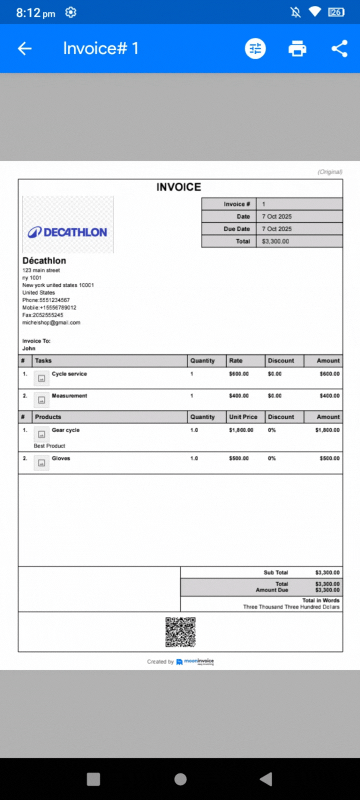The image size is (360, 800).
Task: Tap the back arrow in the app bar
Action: [24, 48]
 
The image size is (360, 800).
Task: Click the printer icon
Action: [297, 48]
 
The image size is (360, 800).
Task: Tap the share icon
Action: [339, 48]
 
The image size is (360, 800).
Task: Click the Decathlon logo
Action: [68, 232]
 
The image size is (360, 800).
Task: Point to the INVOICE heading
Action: [178, 187]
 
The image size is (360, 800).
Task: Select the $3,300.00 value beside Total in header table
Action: [275, 241]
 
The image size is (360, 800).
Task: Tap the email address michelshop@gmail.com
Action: [51, 322]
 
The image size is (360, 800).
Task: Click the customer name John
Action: [29, 348]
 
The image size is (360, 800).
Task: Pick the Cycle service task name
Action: [69, 374]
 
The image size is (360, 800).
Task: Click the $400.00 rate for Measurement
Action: [238, 396]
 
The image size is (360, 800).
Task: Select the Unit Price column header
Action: [243, 417]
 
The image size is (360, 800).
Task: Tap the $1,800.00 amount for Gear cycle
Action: [327, 430]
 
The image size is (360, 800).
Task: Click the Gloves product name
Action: [61, 458]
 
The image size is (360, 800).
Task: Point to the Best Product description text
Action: [49, 446]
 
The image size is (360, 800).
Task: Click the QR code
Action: [180, 632]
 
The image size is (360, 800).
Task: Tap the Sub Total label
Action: [276, 572]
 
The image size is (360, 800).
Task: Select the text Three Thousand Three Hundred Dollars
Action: [291, 607]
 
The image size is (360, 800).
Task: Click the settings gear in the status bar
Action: [71, 12]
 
